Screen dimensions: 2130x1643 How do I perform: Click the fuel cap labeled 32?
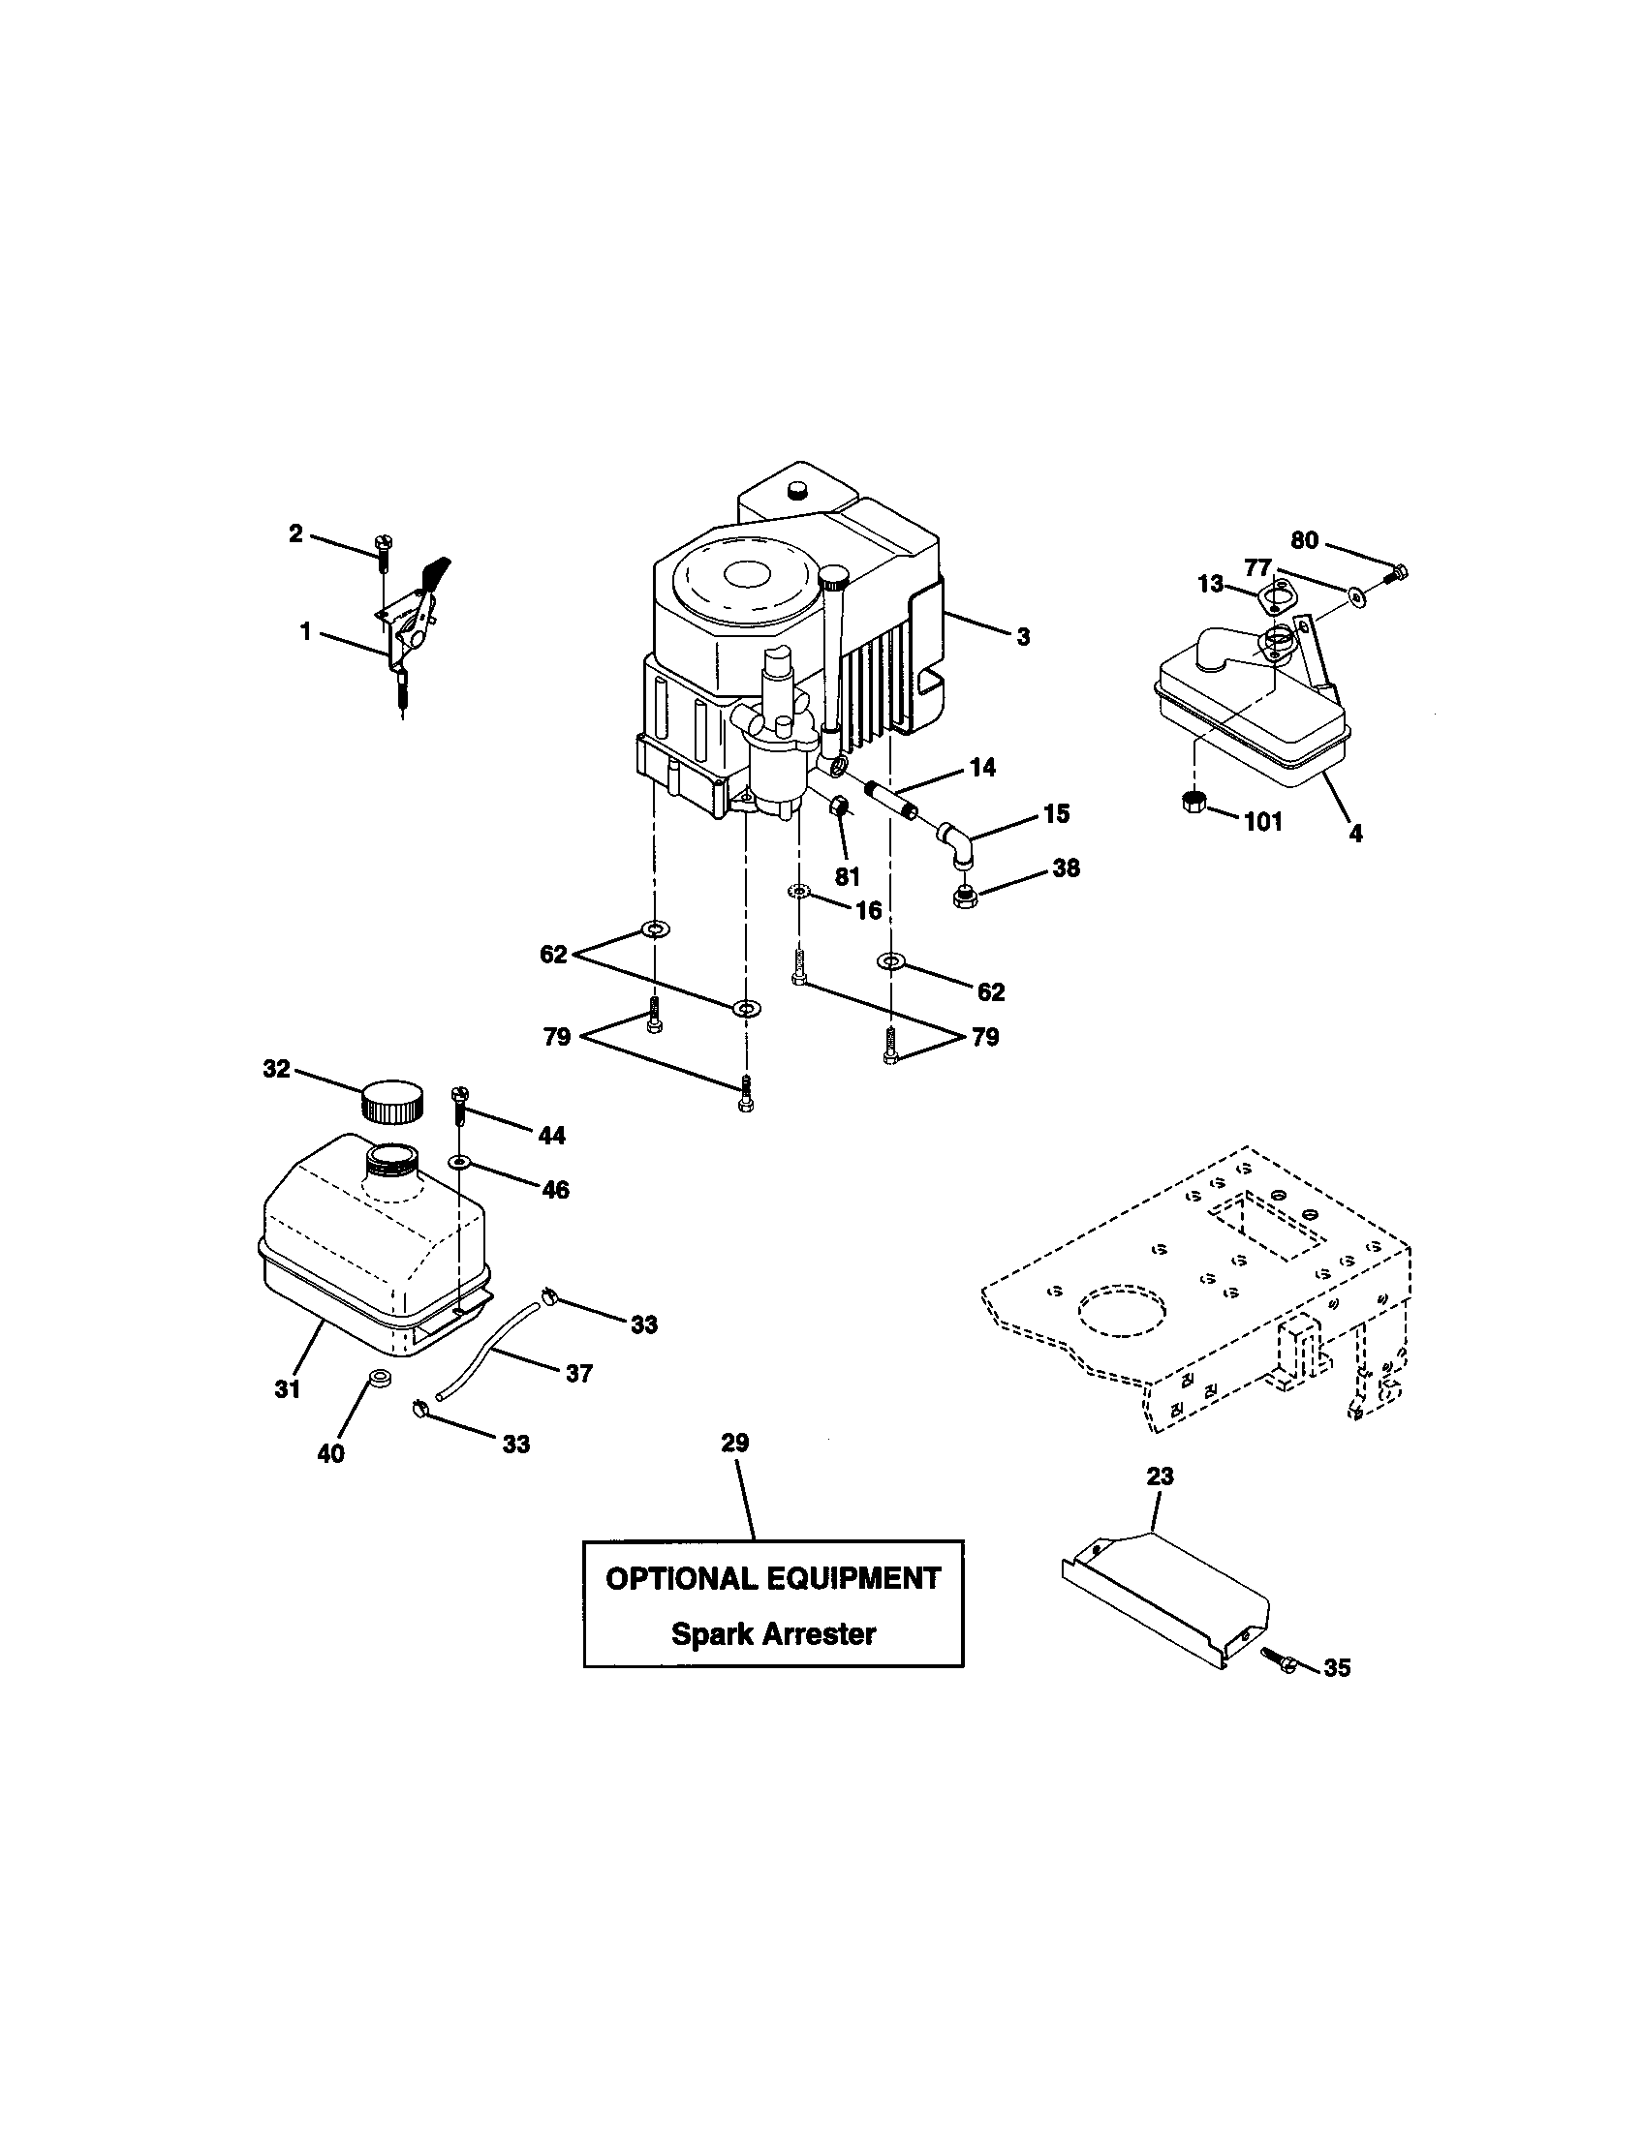393,1102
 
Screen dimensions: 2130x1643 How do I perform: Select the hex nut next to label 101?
1193,803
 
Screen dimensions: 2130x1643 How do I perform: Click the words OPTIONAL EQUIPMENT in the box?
773,1578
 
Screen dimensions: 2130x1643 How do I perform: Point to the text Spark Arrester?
773,1633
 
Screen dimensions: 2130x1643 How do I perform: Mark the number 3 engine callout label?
1022,637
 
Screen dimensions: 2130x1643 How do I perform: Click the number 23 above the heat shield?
1160,1476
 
